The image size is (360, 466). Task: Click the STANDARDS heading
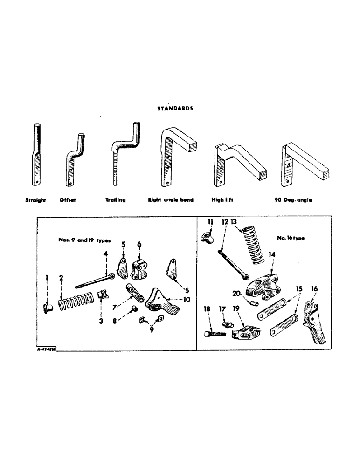point(175,108)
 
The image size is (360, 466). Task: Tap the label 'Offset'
point(68,200)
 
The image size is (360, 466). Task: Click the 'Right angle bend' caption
point(171,200)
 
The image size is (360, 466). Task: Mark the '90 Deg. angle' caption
point(293,200)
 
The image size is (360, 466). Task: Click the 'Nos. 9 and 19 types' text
point(82,240)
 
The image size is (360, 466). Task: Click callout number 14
point(271,255)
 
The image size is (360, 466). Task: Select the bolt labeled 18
point(215,333)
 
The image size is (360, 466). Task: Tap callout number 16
point(314,290)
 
